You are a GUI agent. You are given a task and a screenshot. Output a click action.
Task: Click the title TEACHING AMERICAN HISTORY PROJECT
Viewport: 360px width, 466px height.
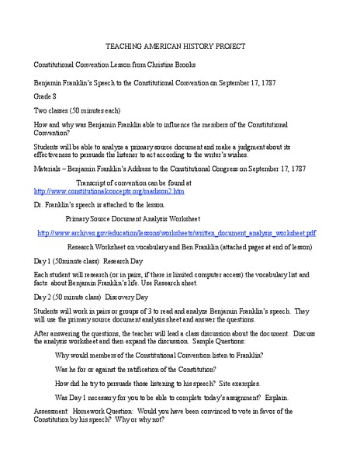[x=180, y=46]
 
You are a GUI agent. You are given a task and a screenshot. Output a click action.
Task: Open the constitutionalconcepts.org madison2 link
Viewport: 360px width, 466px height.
[x=109, y=190]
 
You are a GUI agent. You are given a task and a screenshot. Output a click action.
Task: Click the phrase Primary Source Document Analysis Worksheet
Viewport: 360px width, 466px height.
[x=133, y=218]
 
